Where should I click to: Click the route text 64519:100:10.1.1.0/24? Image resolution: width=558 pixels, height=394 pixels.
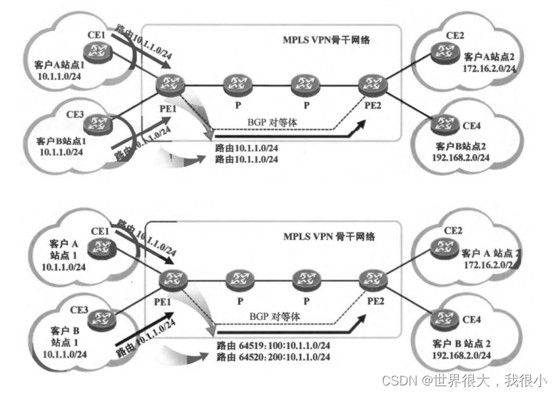[273, 345]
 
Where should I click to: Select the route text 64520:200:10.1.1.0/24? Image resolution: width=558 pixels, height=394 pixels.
[273, 356]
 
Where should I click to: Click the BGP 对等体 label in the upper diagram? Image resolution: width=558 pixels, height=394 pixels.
[272, 122]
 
